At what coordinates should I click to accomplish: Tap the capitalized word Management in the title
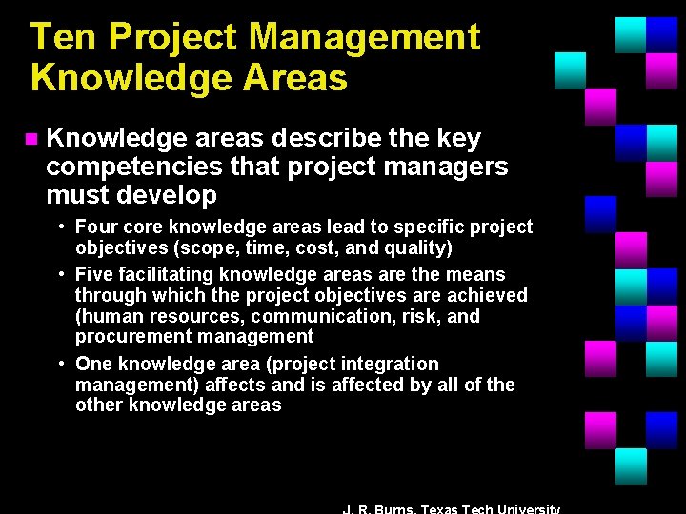click(364, 38)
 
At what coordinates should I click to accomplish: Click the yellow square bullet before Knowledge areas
click(30, 140)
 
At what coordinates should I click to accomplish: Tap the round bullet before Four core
click(60, 227)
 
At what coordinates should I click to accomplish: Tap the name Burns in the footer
click(388, 509)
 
